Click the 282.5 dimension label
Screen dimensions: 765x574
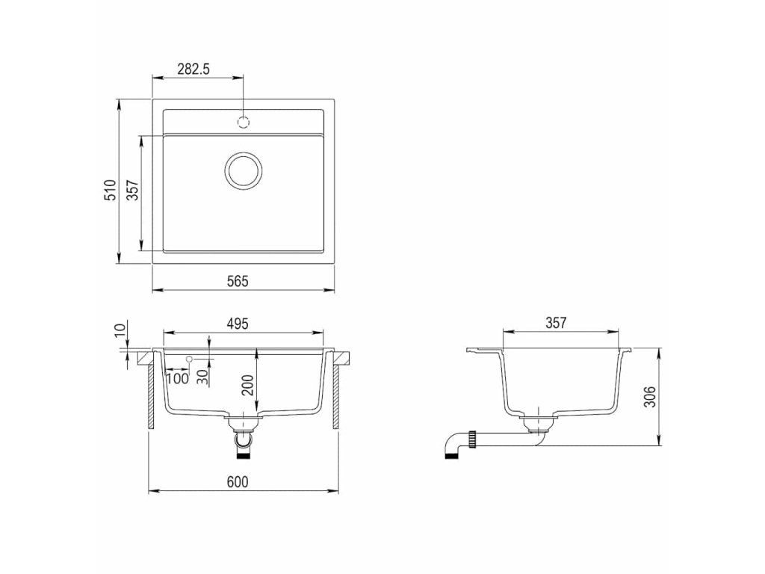point(193,70)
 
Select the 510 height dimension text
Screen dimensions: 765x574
point(112,189)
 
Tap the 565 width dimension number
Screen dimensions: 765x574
point(238,281)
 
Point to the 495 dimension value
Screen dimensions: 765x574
point(238,323)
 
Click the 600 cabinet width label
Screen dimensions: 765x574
point(238,482)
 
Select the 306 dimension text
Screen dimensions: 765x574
point(649,396)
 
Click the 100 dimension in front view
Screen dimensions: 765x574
point(178,377)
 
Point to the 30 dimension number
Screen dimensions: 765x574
point(203,377)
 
